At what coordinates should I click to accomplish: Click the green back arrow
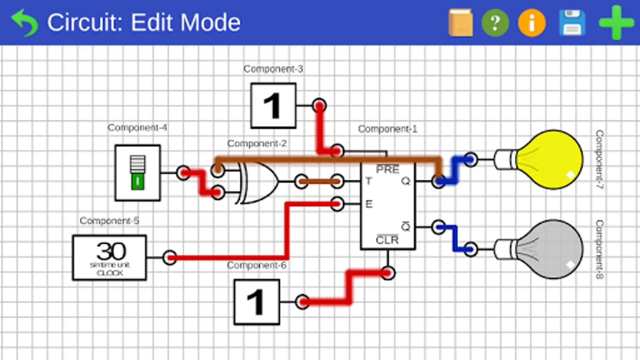point(25,22)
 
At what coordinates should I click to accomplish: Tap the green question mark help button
point(495,23)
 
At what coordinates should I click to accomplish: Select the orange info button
point(532,23)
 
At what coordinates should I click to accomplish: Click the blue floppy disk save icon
point(572,23)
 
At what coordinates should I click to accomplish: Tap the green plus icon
point(616,22)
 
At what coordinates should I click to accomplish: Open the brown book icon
point(460,23)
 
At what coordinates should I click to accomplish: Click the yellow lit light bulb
point(548,159)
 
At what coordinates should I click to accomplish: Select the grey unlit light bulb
point(548,249)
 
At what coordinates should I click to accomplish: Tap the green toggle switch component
point(138,173)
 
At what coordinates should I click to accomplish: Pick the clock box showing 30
point(110,258)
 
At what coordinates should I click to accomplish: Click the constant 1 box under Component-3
point(273,106)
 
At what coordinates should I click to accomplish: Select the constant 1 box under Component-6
point(256,302)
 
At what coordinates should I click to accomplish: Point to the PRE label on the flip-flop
point(387,170)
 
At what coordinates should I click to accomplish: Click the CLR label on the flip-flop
point(387,240)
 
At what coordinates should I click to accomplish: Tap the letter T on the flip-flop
point(368,182)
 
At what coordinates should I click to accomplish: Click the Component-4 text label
point(137,128)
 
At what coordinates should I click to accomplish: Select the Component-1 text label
point(387,129)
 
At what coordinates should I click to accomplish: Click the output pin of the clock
point(170,257)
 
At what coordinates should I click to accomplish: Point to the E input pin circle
point(337,204)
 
